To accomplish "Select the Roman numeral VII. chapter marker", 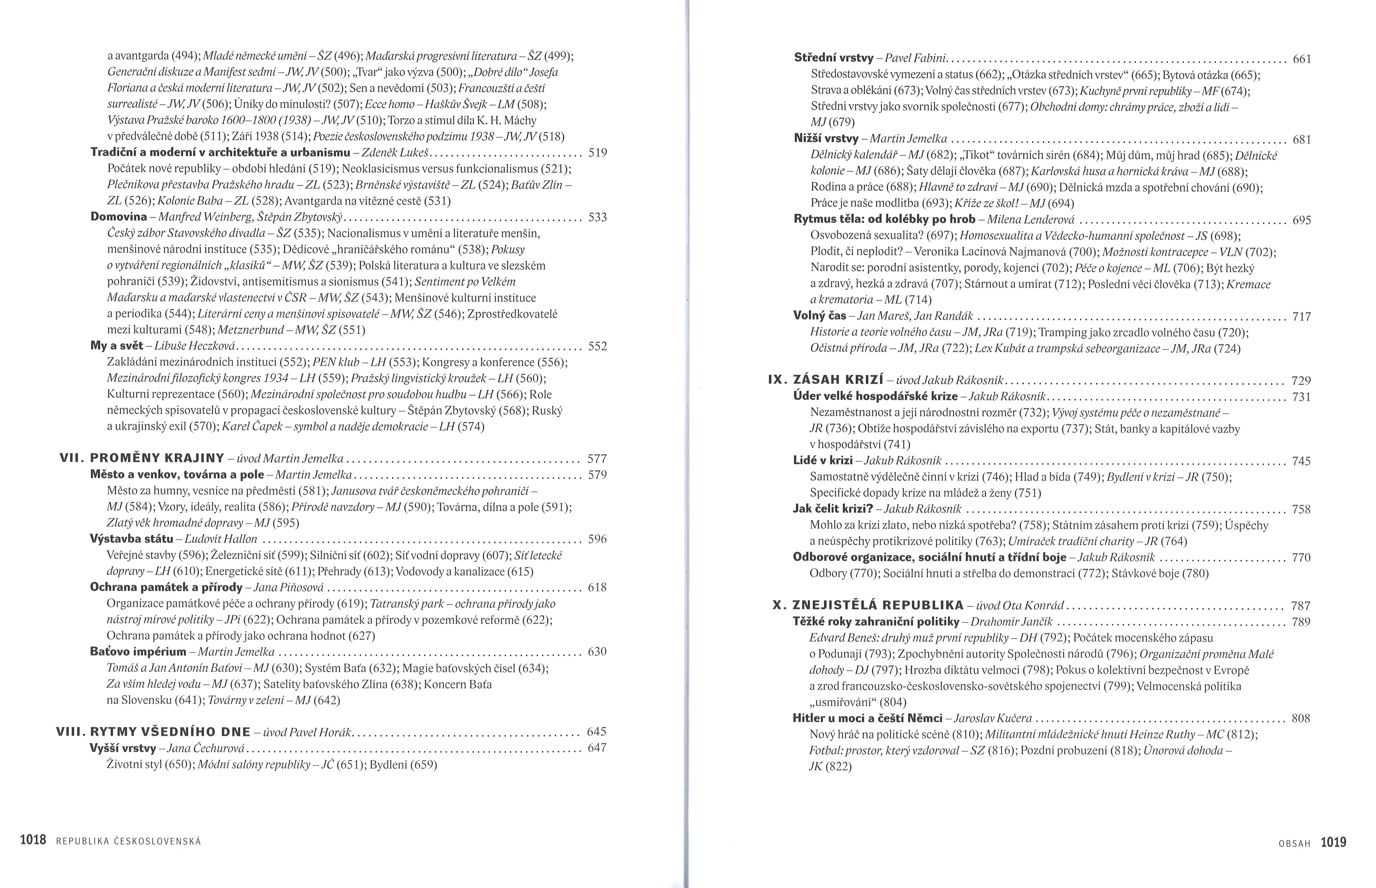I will (72, 458).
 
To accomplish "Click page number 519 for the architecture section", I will (597, 153).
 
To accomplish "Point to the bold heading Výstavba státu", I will (132, 539).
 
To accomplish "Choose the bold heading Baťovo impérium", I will (138, 652).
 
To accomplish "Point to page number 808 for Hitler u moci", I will (1301, 718).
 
